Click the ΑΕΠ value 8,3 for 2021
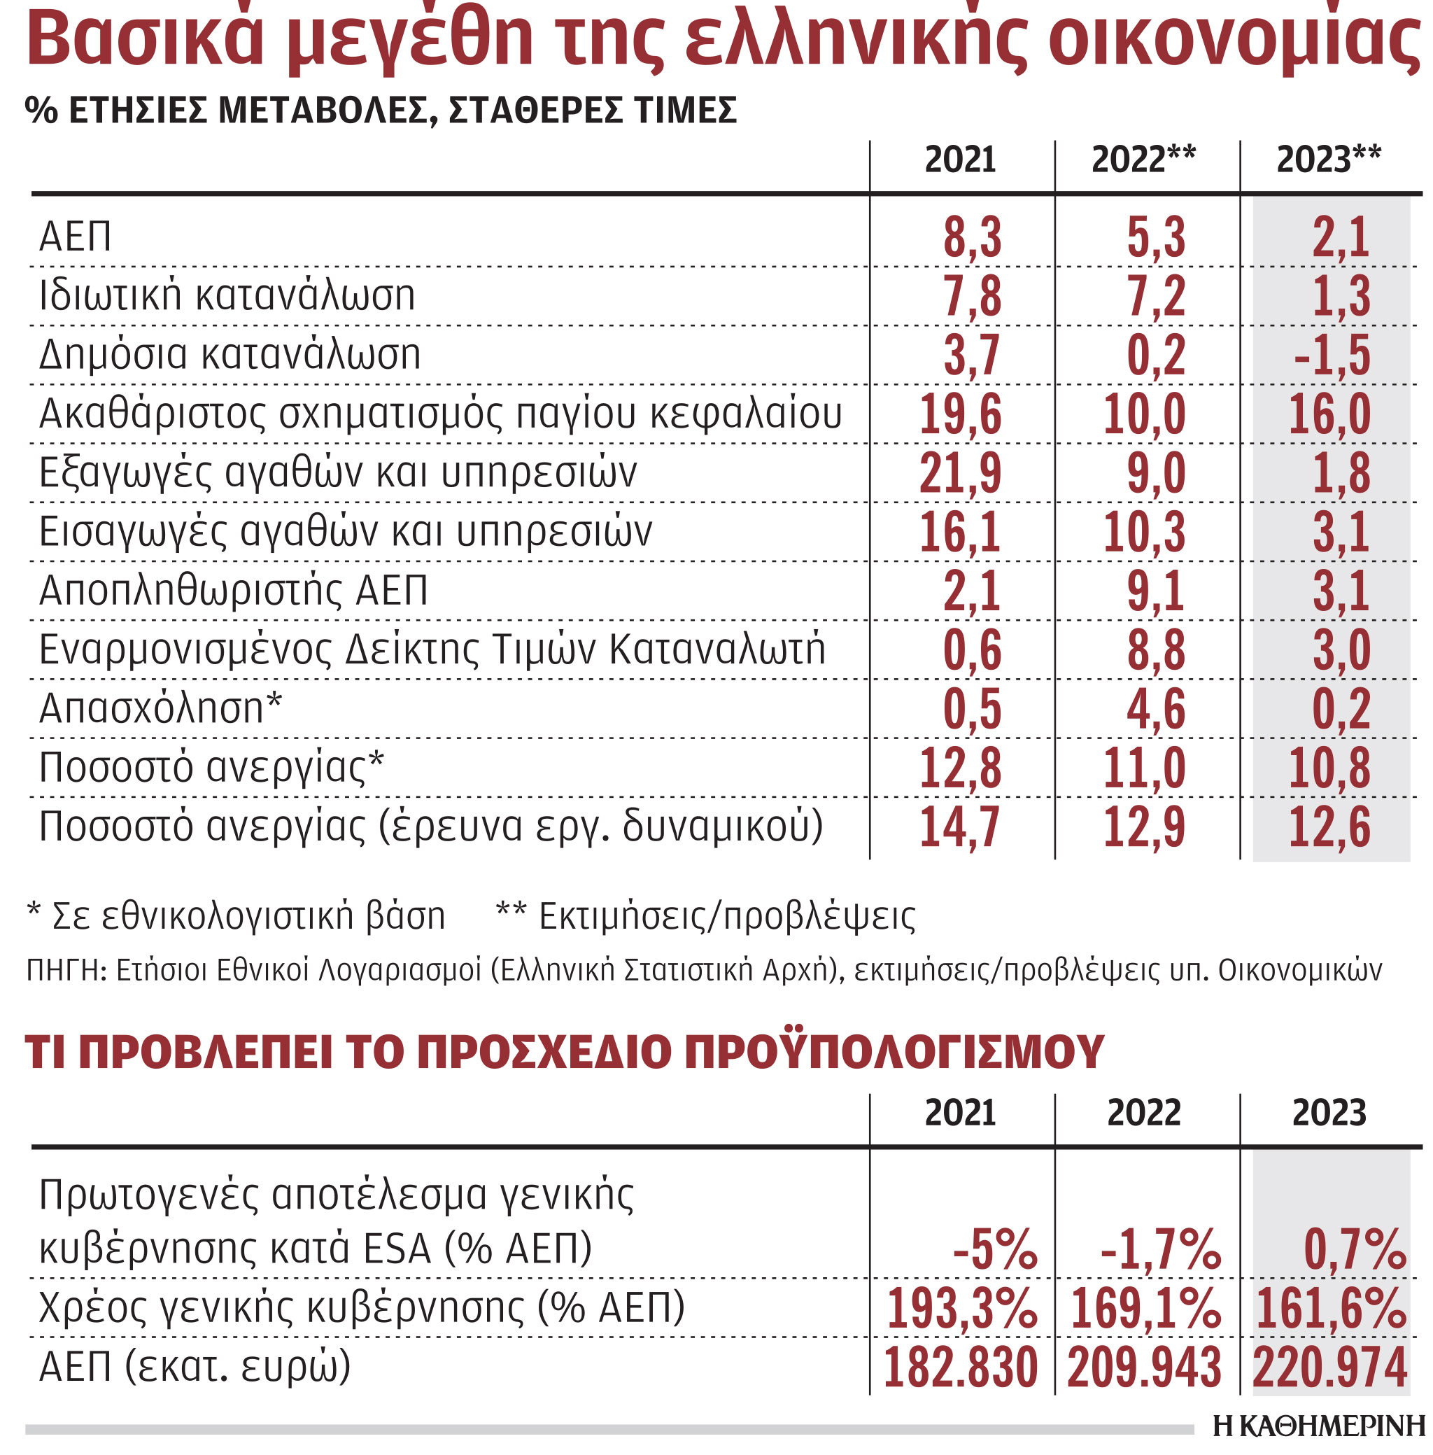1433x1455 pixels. pyautogui.click(x=972, y=238)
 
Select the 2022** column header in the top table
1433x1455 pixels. pyautogui.click(x=1143, y=160)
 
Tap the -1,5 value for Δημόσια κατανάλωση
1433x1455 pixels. pyautogui.click(x=1332, y=356)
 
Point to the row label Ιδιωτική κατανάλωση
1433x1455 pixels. pyautogui.click(x=227, y=295)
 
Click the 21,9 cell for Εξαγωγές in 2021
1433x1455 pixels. pyautogui.click(x=961, y=474)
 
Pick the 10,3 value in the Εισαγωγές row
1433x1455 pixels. pyautogui.click(x=1144, y=532)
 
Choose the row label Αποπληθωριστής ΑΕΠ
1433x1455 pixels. pyautogui.click(x=233, y=590)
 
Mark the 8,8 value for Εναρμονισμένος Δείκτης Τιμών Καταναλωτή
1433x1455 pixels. pyautogui.click(x=1155, y=650)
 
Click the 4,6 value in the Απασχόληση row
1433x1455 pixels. pyautogui.click(x=1155, y=709)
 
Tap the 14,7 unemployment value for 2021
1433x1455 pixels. pyautogui.click(x=961, y=827)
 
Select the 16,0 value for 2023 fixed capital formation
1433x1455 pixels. pyautogui.click(x=1329, y=414)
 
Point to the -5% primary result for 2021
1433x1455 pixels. pyautogui.click(x=995, y=1249)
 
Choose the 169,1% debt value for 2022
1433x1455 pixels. pyautogui.click(x=1145, y=1308)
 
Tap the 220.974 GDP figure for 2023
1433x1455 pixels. pyautogui.click(x=1329, y=1368)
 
